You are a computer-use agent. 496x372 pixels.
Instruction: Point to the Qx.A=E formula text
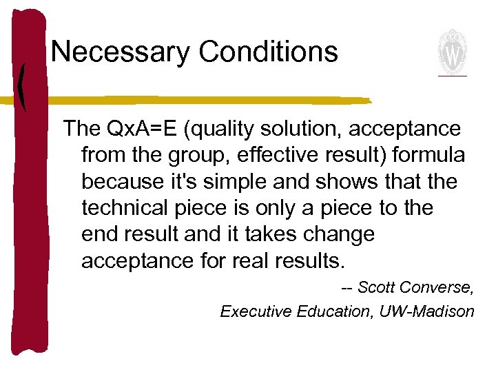147,129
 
